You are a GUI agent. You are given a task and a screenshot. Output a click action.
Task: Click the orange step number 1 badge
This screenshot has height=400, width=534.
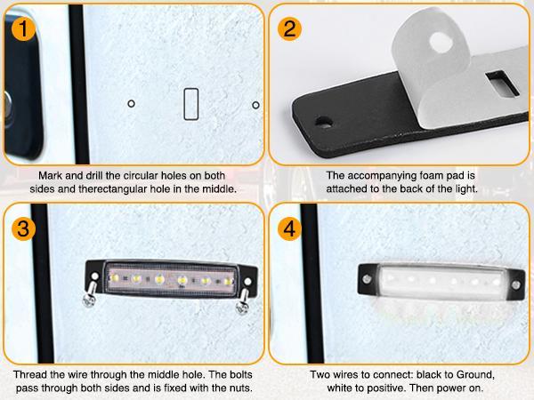(23, 29)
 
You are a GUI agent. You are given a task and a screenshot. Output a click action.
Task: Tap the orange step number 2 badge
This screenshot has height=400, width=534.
(289, 29)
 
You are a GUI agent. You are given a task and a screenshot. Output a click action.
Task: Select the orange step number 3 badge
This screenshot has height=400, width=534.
(23, 229)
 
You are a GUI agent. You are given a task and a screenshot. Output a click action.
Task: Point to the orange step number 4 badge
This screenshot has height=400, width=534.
(289, 229)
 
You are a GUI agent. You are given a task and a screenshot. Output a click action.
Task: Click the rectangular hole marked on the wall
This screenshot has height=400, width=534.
(191, 104)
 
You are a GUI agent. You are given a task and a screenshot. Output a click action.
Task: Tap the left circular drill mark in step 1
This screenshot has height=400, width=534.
(131, 103)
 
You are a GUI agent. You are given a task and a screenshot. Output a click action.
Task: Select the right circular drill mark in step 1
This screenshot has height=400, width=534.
(255, 105)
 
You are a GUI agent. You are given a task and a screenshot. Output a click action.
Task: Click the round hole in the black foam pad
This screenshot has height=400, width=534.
(324, 122)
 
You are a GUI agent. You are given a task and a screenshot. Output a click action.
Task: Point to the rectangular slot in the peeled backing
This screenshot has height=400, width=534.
(502, 83)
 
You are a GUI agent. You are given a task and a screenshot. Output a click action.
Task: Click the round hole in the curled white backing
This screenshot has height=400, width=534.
(441, 42)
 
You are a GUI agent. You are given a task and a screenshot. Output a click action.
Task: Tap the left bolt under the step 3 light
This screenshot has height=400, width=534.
(90, 294)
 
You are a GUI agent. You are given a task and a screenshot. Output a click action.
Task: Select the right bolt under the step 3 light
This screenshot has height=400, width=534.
(243, 301)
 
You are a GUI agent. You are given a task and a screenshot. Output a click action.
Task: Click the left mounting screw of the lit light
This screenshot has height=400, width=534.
(367, 279)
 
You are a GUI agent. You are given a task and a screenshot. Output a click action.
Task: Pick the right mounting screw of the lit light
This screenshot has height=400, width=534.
(516, 285)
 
